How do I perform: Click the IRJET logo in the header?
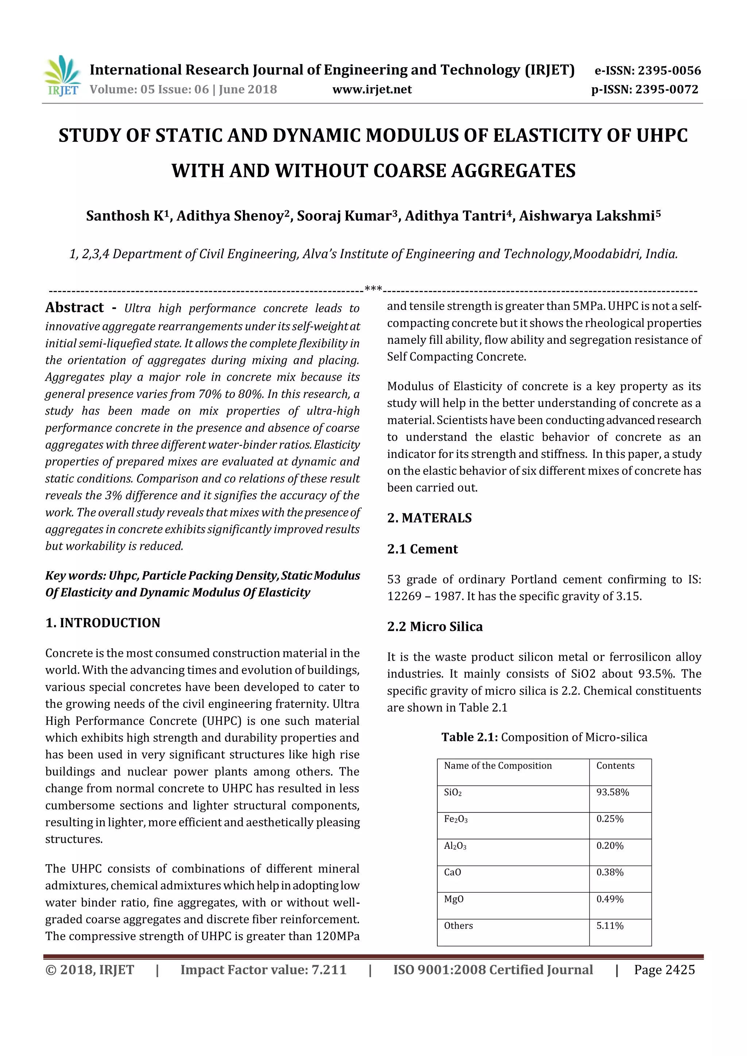point(62,76)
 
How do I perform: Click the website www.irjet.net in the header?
point(372,89)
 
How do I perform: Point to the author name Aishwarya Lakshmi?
point(589,216)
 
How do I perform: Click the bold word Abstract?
point(74,307)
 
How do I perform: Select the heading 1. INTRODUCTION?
point(102,623)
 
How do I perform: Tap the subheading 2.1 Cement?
point(422,549)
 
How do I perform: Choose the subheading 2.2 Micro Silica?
point(435,626)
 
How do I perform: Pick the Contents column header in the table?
point(615,766)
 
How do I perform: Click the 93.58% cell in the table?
point(612,792)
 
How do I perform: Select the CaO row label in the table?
point(452,873)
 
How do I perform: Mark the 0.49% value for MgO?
point(609,899)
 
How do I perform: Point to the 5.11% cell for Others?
point(609,926)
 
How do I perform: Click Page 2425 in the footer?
point(664,970)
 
